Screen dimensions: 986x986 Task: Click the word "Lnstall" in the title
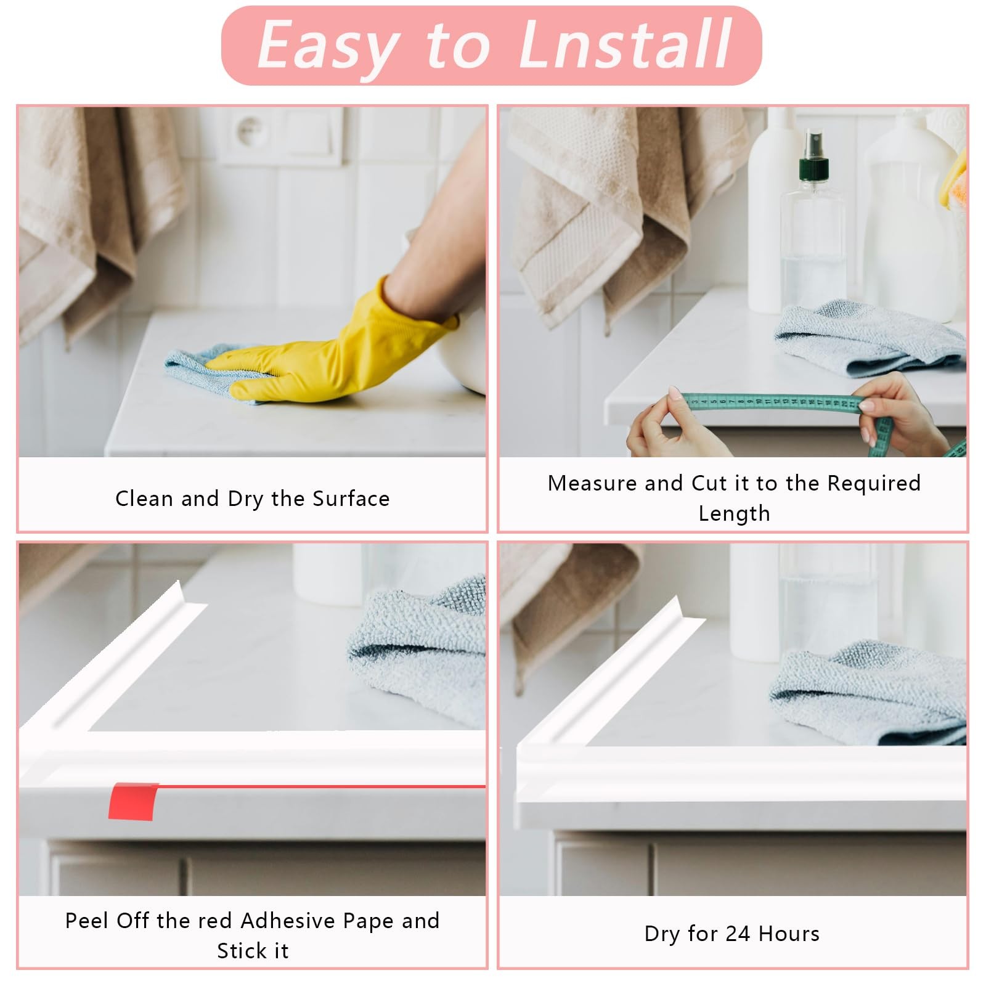pos(625,44)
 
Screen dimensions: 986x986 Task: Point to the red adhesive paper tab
pos(132,801)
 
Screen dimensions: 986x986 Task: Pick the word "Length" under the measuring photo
pos(734,514)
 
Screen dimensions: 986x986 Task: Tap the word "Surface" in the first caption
pos(351,499)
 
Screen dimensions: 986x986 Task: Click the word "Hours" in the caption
pos(789,934)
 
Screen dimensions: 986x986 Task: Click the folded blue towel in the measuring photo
pos(869,337)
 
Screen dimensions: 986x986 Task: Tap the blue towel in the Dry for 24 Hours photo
pos(869,693)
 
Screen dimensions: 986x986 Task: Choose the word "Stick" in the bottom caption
pos(238,951)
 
